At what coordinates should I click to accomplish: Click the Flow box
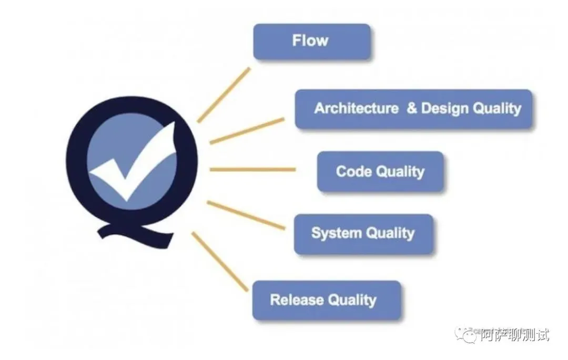tap(312, 41)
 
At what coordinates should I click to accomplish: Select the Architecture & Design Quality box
tap(414, 109)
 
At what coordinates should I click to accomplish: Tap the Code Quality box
tap(380, 171)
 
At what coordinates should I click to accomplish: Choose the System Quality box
tap(363, 233)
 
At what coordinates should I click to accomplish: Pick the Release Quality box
tap(327, 300)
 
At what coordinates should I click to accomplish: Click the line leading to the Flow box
tap(224, 95)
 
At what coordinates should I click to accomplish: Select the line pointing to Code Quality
tap(252, 170)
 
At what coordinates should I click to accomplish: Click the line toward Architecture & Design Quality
tap(247, 130)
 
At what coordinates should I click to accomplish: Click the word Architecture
tap(356, 109)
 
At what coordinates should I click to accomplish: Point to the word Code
tap(353, 171)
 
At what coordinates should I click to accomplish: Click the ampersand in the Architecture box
tap(412, 109)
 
